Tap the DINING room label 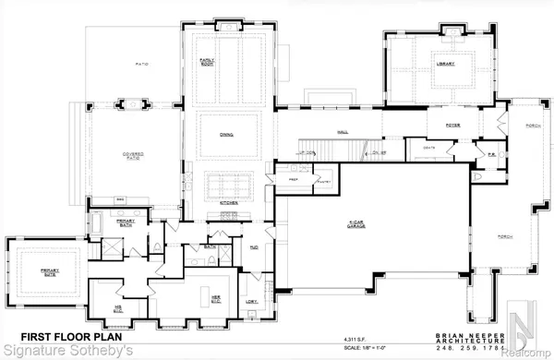coord(226,135)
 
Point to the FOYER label coord(452,125)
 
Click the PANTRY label coord(323,183)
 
